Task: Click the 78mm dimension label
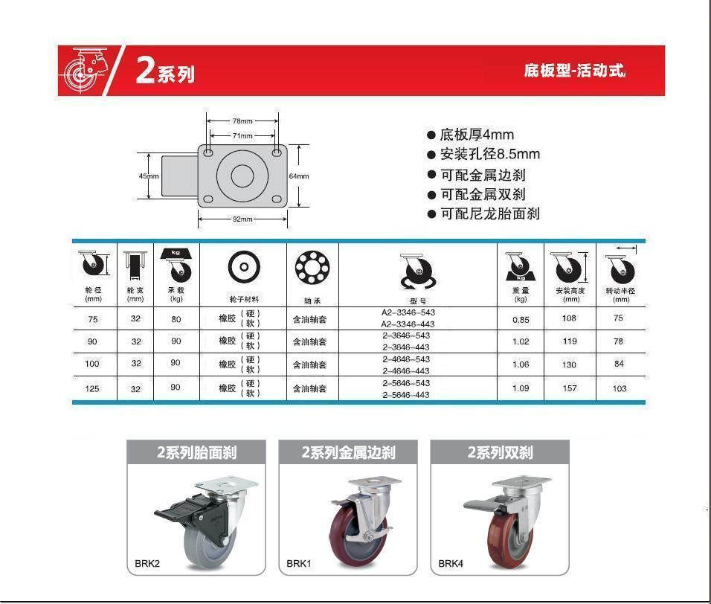[242, 121]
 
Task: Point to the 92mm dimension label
[242, 219]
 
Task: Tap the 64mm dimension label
[299, 176]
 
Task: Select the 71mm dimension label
[242, 135]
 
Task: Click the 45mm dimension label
[149, 176]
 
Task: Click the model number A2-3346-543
[408, 312]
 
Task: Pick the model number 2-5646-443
[406, 395]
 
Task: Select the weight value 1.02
[521, 341]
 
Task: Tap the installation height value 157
[570, 388]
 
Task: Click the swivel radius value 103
[620, 388]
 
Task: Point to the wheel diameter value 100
[92, 364]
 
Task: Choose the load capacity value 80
[176, 319]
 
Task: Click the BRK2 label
[147, 564]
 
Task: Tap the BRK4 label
[451, 564]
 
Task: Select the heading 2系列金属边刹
[348, 452]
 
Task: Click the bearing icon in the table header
[312, 267]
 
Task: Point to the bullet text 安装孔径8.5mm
[490, 154]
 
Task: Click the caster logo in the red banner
[85, 70]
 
